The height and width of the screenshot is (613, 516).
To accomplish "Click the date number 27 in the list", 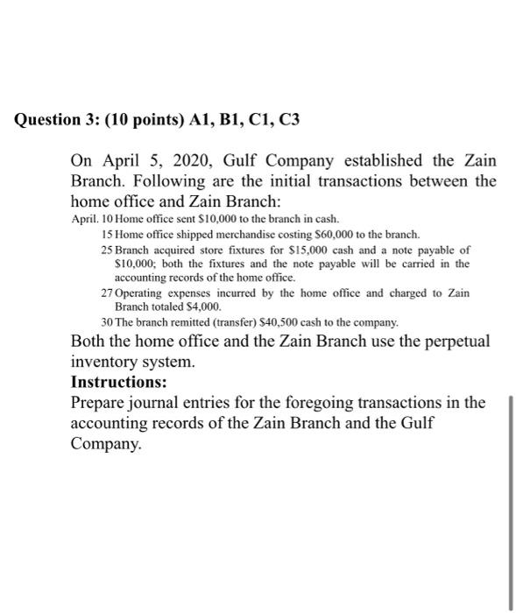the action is [x=108, y=292].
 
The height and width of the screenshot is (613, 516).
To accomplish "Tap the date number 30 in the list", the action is [x=108, y=321].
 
